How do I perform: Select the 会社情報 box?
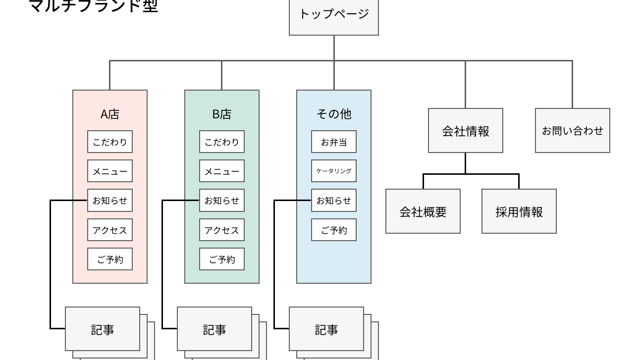pos(465,131)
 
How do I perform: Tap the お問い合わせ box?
pos(572,131)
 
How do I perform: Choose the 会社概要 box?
pos(423,211)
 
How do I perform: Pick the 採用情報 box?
pos(519,211)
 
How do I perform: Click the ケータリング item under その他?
pos(333,171)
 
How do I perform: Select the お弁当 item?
pos(333,142)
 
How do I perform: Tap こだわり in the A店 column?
pos(109,142)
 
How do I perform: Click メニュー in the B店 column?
pos(221,171)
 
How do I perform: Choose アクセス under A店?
pos(109,230)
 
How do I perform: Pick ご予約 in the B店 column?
pos(221,259)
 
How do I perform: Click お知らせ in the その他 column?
pos(333,201)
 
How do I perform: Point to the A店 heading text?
pos(109,114)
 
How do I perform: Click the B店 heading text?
pos(221,114)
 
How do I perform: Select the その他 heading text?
pos(333,114)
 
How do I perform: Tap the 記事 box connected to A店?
pos(102,329)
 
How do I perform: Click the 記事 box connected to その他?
pos(326,329)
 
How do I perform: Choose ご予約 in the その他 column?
pos(333,230)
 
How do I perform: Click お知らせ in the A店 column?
pos(109,201)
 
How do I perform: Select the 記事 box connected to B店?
pos(214,329)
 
